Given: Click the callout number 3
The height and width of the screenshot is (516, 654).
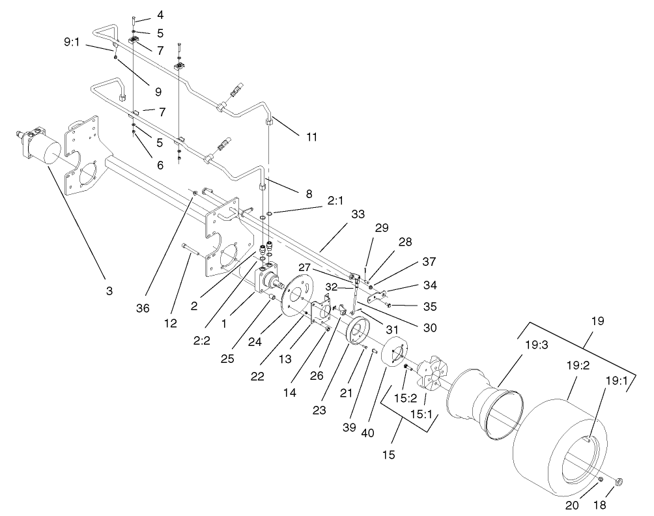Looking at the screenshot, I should (109, 291).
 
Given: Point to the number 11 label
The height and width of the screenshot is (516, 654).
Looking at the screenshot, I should (311, 138).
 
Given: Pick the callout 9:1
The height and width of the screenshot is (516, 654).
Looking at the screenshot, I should (72, 42).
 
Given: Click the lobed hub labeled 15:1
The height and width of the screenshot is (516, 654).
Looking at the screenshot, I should (427, 377).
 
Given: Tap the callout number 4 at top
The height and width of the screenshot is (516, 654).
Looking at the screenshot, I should (160, 14).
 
